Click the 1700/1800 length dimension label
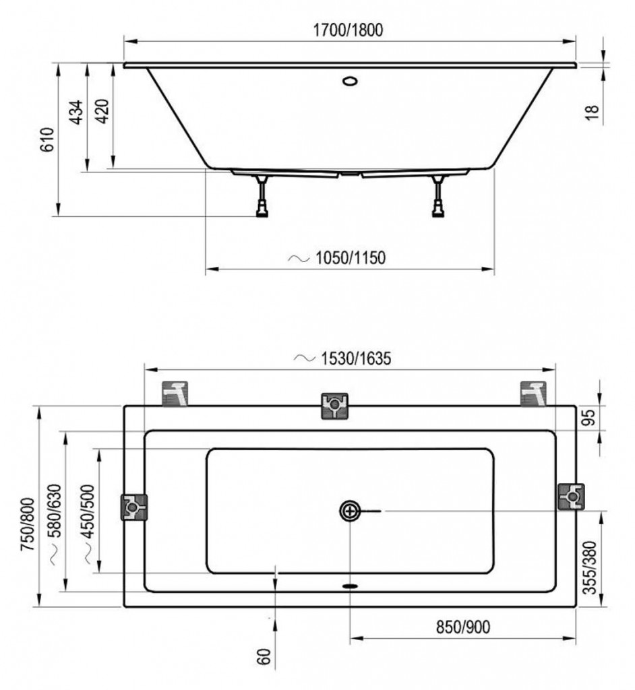(x=348, y=30)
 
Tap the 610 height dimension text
(x=47, y=139)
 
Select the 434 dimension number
(x=76, y=113)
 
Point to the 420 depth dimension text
(x=102, y=111)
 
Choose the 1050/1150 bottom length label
(x=350, y=258)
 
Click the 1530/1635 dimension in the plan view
(x=356, y=358)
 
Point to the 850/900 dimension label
(x=463, y=627)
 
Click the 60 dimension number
(x=263, y=657)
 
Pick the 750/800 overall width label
(x=28, y=524)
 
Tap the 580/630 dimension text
(x=56, y=511)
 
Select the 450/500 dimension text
(x=88, y=511)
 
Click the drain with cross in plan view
(x=350, y=511)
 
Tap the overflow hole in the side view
(x=350, y=81)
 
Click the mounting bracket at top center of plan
(x=334, y=406)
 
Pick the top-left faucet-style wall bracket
(x=175, y=394)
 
